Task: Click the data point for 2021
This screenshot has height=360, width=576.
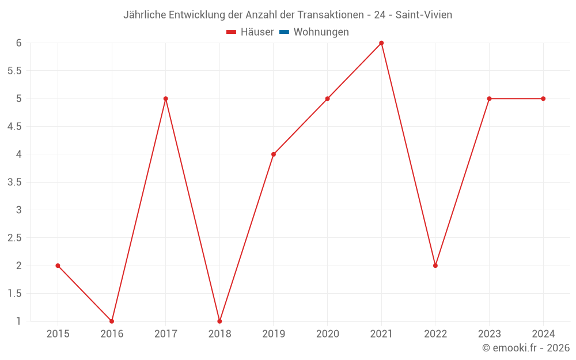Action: [381, 43]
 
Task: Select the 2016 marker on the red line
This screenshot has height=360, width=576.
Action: [112, 321]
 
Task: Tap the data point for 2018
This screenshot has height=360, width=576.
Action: [219, 321]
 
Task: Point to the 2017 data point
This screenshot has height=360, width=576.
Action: [165, 98]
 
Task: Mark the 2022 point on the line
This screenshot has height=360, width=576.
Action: [435, 266]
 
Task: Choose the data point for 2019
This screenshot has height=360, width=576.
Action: [274, 154]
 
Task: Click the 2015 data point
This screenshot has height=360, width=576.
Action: [58, 266]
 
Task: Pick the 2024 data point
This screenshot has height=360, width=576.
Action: [543, 98]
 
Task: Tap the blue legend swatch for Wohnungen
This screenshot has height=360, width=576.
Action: [284, 32]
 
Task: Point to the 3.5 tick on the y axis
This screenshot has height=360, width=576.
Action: [14, 182]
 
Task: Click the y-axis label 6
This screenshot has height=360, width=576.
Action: [18, 43]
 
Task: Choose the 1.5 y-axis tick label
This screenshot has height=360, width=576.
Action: [14, 293]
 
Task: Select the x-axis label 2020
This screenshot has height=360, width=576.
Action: [327, 334]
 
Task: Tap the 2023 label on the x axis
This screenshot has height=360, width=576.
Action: [489, 334]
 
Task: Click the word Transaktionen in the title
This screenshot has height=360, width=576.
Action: [329, 15]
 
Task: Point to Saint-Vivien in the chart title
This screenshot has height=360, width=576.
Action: [423, 15]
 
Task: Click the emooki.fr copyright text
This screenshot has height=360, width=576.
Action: [526, 348]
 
